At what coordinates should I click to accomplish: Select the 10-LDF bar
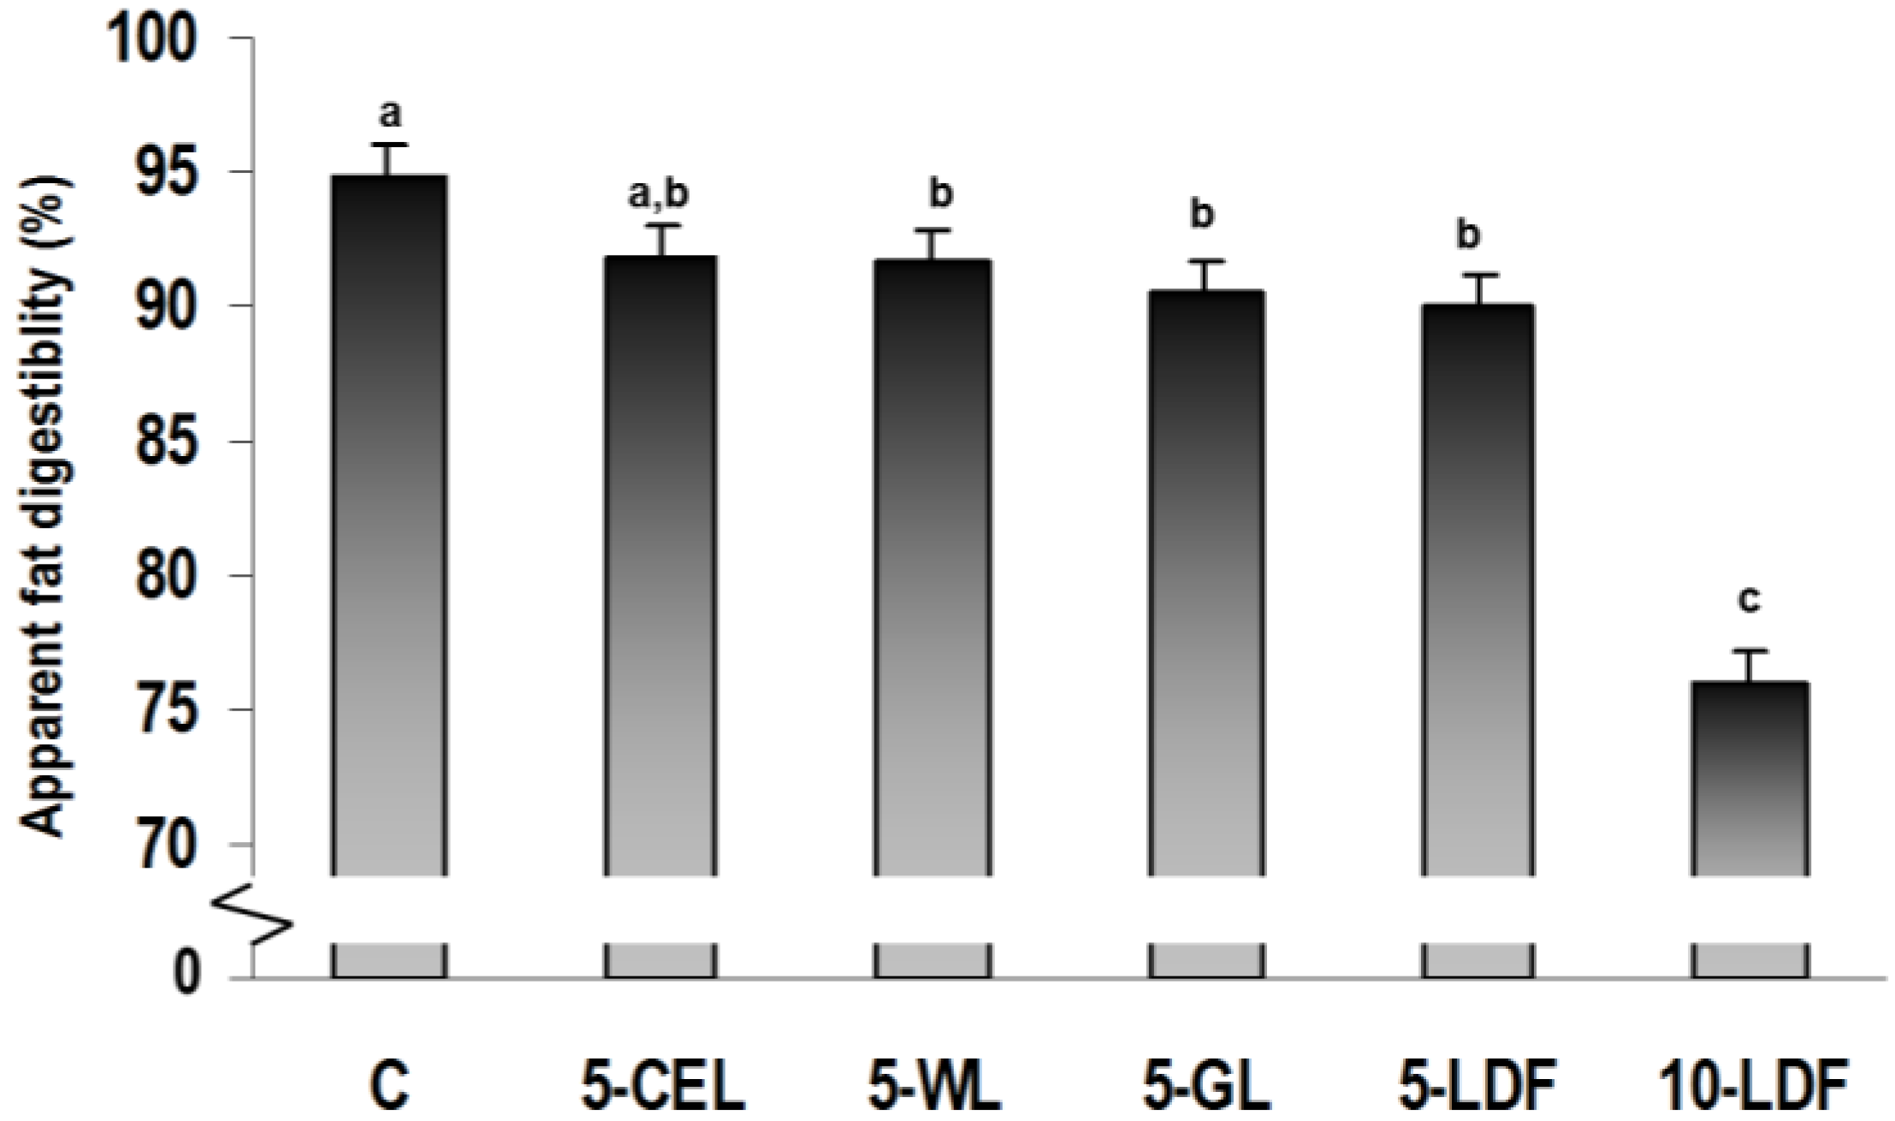(1750, 779)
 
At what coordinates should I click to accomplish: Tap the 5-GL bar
(1205, 582)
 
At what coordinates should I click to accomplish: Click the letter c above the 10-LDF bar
(1750, 601)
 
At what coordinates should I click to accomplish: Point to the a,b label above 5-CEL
(658, 195)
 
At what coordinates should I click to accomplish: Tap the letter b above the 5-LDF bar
(1468, 235)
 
